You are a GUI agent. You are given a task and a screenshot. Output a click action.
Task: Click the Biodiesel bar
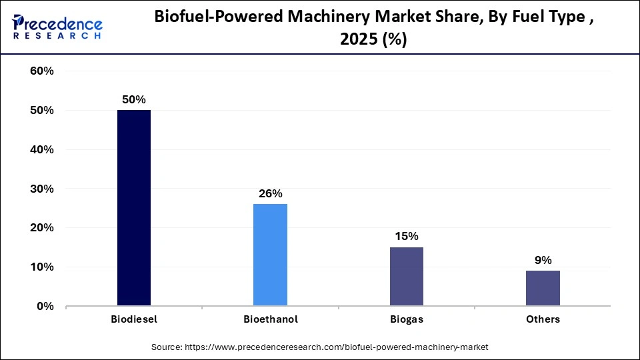click(134, 208)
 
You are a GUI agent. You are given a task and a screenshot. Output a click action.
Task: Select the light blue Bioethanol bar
click(270, 255)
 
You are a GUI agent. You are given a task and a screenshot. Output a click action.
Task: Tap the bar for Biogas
click(406, 277)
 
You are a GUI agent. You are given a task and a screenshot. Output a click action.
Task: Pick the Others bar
click(543, 288)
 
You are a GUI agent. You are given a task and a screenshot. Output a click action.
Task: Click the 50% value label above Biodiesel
click(134, 99)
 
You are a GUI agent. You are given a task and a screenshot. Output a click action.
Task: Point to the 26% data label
click(270, 193)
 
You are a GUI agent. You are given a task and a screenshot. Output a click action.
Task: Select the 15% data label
click(406, 236)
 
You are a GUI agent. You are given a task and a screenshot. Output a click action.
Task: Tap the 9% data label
click(543, 260)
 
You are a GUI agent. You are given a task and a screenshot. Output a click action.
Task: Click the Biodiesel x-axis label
click(134, 319)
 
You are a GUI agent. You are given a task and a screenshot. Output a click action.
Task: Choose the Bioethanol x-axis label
click(270, 319)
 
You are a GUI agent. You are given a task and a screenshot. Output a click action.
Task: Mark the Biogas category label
click(406, 319)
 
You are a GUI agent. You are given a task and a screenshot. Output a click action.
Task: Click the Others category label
click(543, 319)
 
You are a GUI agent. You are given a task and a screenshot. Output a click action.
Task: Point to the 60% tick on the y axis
click(41, 71)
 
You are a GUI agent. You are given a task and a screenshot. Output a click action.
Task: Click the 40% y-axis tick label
click(41, 150)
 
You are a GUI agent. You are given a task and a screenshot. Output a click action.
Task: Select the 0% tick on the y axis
click(45, 307)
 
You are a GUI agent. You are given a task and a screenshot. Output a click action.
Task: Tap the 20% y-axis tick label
click(41, 228)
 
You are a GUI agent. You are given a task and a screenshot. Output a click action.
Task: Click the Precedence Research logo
click(57, 27)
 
